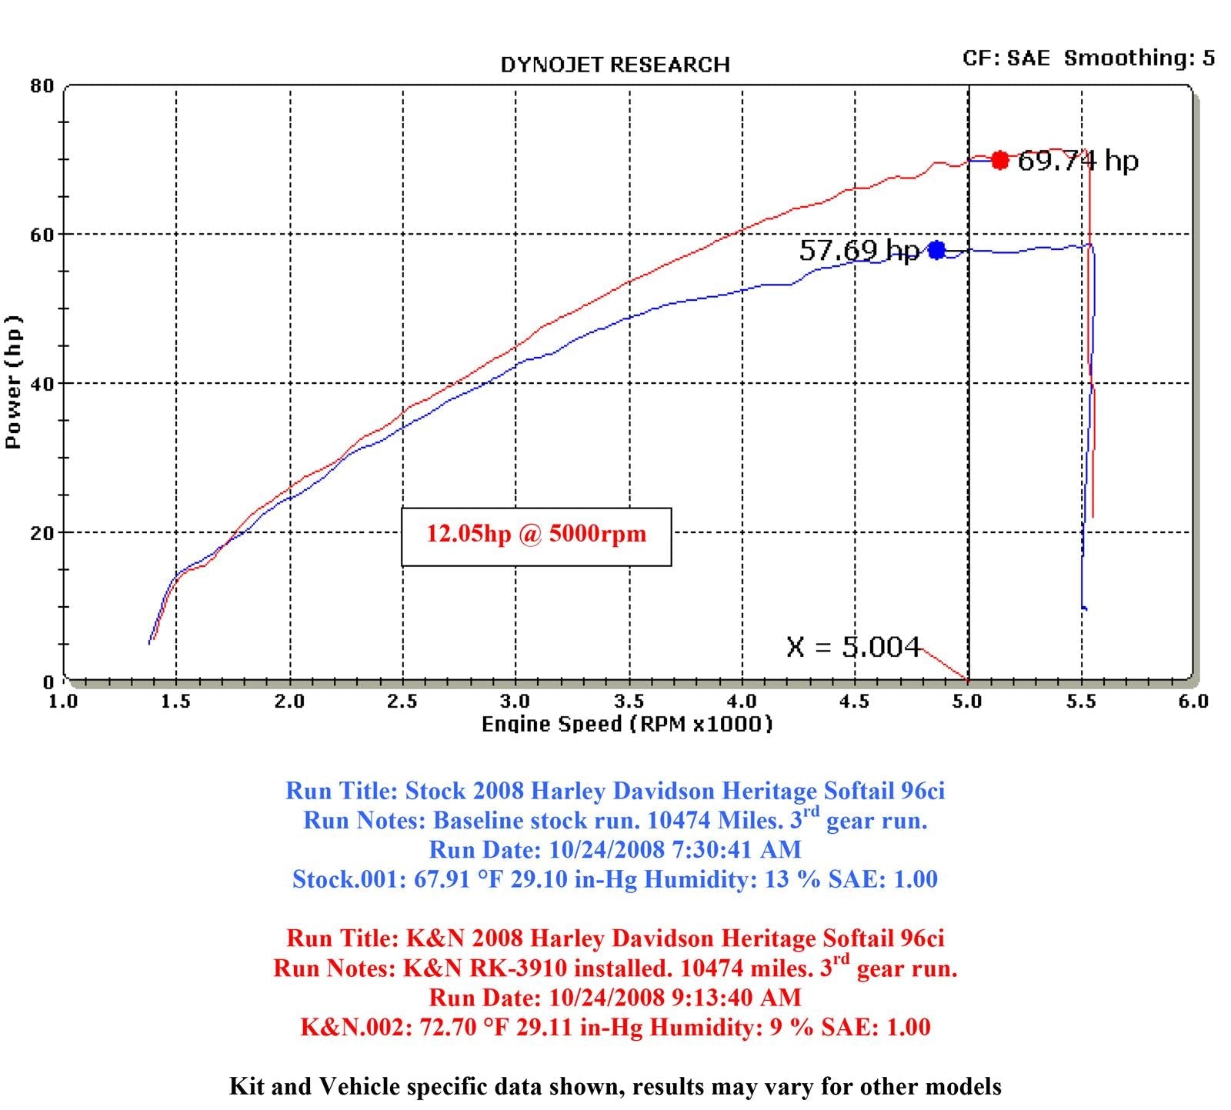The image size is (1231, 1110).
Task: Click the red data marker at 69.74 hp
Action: [x=999, y=160]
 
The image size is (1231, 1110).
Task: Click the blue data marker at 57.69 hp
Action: [x=936, y=250]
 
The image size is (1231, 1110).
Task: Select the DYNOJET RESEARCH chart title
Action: [x=615, y=65]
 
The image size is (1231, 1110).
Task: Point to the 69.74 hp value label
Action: [x=1077, y=161]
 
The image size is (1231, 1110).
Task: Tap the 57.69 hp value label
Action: [x=859, y=250]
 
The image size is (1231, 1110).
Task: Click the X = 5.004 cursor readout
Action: [x=852, y=647]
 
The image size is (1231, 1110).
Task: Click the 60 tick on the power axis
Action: [x=42, y=234]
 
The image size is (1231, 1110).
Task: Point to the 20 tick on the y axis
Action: [x=42, y=532]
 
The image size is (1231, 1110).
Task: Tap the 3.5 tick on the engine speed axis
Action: [x=629, y=701]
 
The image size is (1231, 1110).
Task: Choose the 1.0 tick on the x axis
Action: [x=63, y=701]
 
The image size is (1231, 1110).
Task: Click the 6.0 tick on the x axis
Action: [x=1193, y=701]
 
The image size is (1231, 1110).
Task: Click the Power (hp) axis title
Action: [x=13, y=382]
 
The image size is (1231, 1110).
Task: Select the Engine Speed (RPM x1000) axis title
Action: [x=626, y=724]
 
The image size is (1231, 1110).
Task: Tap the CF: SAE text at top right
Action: [x=1006, y=58]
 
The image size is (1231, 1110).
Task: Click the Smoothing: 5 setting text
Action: [x=1139, y=58]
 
